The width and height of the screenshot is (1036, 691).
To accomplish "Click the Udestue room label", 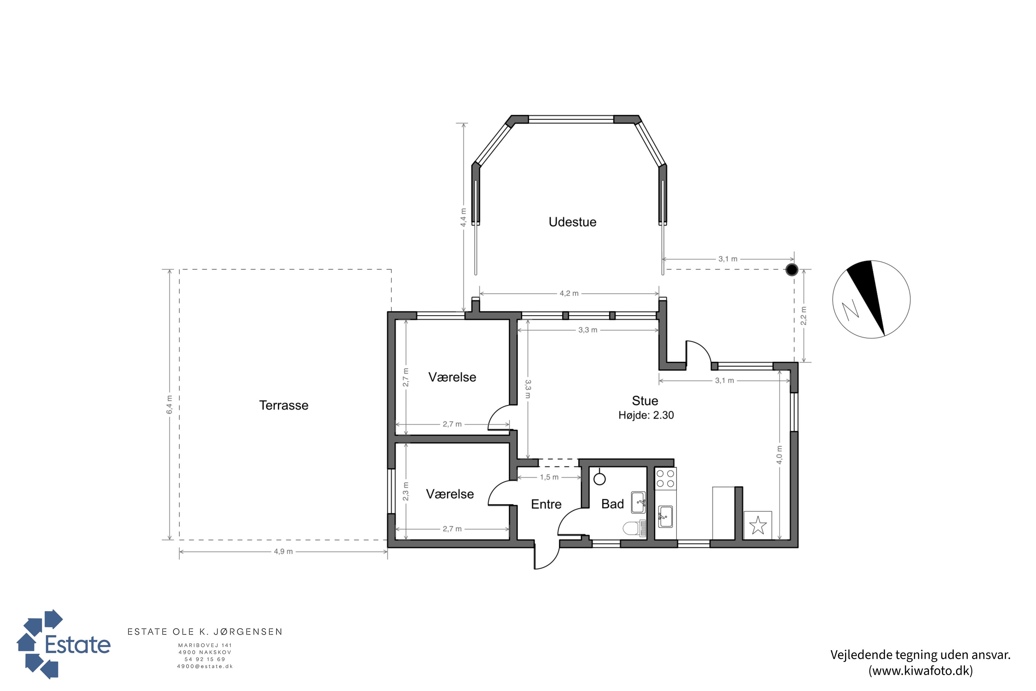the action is [x=572, y=222].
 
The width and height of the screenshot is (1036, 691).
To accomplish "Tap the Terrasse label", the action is [x=284, y=405].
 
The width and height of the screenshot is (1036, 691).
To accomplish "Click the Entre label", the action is [x=546, y=504].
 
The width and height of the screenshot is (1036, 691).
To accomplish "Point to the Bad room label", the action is [x=613, y=504].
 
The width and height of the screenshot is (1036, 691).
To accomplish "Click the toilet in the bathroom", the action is [x=634, y=528].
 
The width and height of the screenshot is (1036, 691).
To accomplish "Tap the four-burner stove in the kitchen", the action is [x=665, y=478].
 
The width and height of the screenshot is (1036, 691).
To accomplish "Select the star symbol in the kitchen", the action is [x=758, y=525].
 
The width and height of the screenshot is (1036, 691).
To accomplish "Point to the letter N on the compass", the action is [x=850, y=310].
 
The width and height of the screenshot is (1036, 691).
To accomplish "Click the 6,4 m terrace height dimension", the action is [x=170, y=405].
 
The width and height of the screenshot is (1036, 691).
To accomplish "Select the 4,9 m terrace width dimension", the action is [x=283, y=551].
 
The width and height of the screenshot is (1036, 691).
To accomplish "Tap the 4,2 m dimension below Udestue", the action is [x=569, y=293].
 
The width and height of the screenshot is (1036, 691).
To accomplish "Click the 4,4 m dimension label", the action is [x=463, y=218].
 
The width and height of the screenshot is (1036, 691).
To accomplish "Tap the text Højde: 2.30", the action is [x=646, y=415].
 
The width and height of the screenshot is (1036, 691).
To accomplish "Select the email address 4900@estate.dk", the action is [x=205, y=666].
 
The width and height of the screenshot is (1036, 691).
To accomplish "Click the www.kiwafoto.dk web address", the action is [x=921, y=670].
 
